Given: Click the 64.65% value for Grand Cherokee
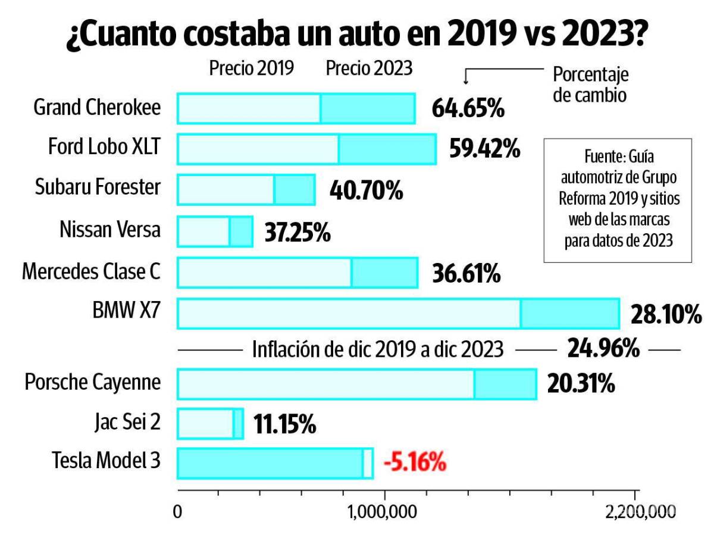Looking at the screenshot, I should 468,109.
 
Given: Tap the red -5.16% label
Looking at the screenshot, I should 414,462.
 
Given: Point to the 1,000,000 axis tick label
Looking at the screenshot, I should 385,511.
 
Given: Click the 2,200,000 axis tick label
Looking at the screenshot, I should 640,511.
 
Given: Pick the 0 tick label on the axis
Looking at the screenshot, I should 177,511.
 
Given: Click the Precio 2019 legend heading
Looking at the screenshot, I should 251,68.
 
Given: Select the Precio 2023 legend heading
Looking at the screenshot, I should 369,68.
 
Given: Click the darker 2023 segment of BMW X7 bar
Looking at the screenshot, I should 569,313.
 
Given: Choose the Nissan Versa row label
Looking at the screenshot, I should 110,229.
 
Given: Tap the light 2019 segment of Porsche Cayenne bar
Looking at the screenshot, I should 325,384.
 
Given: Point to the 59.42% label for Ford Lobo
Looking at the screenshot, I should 484,149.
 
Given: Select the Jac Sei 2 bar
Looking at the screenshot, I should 210,424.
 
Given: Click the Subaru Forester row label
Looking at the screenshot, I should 98,187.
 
